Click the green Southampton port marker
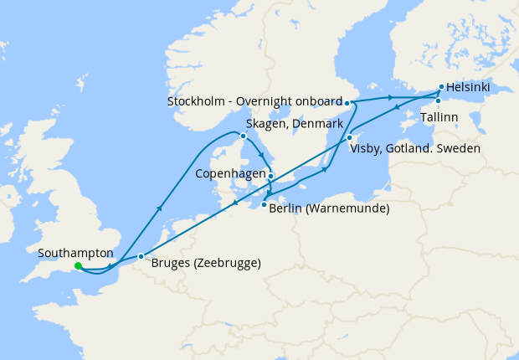point(78,266)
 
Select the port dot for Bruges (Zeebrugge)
point(141,256)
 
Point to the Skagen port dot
point(243,136)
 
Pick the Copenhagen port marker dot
point(270,176)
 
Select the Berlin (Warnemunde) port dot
point(264,205)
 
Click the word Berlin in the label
point(287,208)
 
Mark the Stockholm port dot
point(347,102)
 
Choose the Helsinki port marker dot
point(441,86)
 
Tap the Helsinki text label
point(469,87)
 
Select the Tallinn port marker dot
point(437,100)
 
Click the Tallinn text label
point(439,117)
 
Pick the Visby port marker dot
point(349,137)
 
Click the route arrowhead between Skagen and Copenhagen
point(261,156)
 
